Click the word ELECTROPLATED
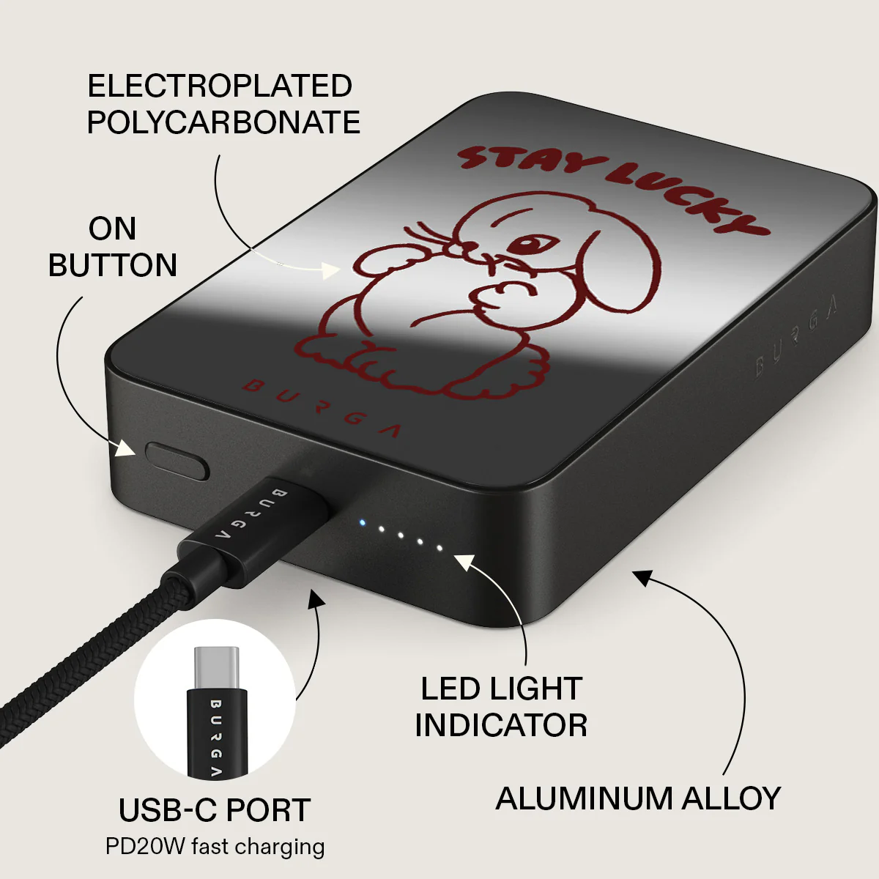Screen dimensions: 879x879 pyautogui.click(x=220, y=86)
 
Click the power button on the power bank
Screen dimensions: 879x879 pyautogui.click(x=177, y=461)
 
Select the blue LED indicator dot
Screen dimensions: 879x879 pyautogui.click(x=362, y=523)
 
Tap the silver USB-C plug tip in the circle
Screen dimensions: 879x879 pyautogui.click(x=216, y=668)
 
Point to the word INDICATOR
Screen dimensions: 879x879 pyautogui.click(x=501, y=725)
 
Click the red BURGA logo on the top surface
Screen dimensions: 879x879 pyautogui.click(x=322, y=407)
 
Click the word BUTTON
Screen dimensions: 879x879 pyautogui.click(x=113, y=265)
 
